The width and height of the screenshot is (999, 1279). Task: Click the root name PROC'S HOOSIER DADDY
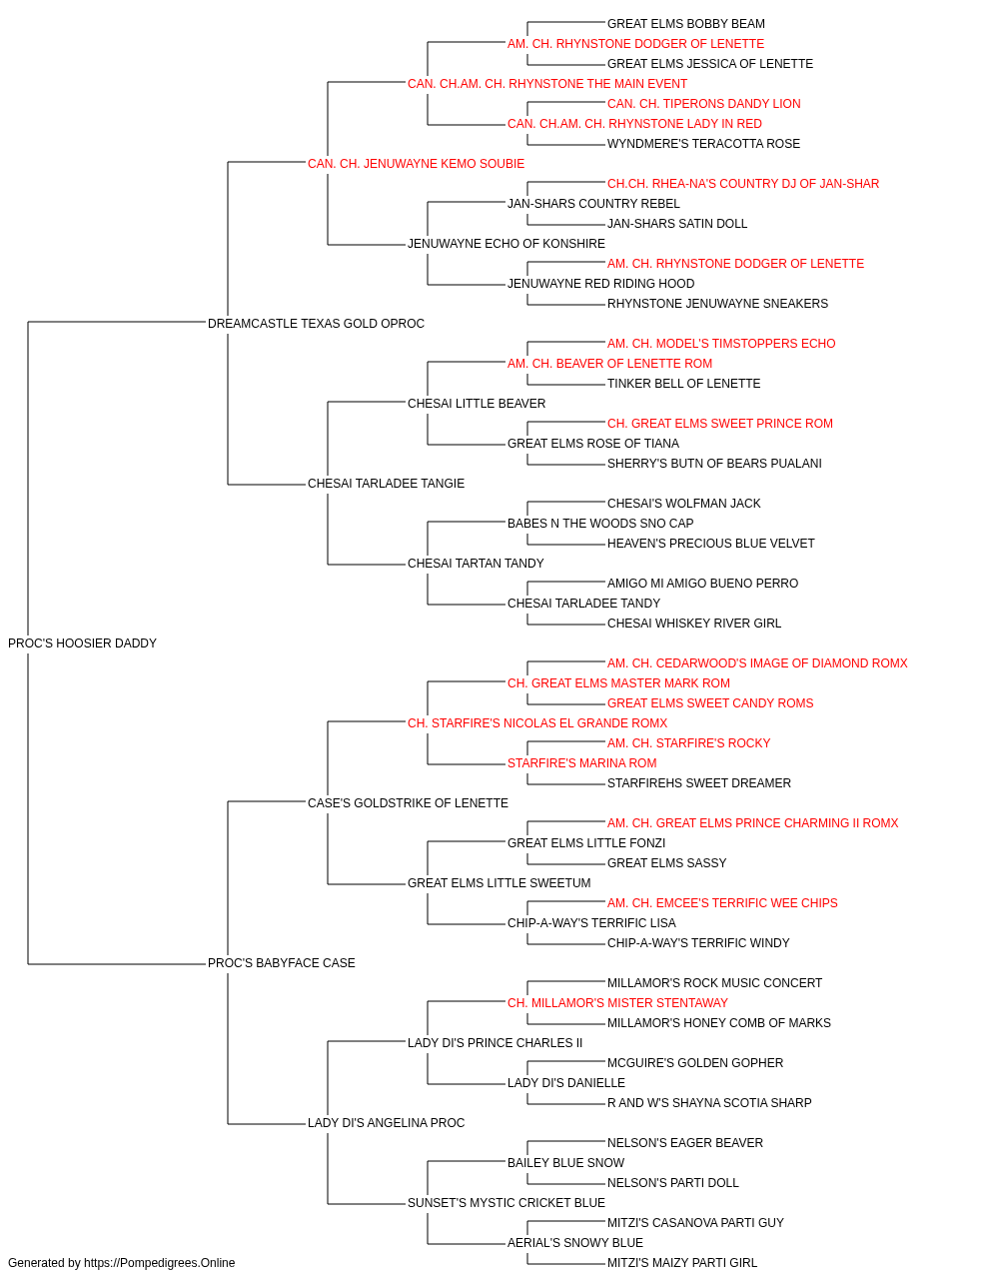coord(82,643)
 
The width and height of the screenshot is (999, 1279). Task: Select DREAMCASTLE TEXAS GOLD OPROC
coord(316,324)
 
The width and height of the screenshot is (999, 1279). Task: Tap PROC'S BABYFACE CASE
coord(282,963)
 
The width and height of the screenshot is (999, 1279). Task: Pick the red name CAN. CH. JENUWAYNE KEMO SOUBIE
coord(416,164)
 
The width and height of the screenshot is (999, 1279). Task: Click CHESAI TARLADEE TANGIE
coord(386,484)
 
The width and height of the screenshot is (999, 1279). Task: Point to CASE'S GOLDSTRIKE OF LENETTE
coord(408,803)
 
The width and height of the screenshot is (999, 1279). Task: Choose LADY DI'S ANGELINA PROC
coord(386,1123)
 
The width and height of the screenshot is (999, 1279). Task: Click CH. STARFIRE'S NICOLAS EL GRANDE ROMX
coord(537,723)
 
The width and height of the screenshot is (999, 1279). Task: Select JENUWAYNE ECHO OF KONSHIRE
coord(506,244)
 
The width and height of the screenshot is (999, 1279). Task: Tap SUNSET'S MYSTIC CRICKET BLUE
coord(506,1203)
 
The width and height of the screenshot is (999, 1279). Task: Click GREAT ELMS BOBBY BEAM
coord(686,24)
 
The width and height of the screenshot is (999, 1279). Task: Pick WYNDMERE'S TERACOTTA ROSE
coord(703,144)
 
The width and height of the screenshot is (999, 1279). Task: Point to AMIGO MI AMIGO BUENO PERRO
coord(702,584)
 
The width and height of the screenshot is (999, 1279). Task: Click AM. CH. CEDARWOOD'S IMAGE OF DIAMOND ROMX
coord(757,663)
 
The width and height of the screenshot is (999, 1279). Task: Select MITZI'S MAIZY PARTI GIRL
coord(682,1263)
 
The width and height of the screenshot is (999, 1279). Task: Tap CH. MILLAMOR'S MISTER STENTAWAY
coord(617,1003)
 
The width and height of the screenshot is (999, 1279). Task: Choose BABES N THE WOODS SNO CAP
coord(600,524)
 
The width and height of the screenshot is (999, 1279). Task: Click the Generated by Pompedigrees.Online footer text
coord(121,1263)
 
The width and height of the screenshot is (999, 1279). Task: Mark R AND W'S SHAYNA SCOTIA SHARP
coord(709,1103)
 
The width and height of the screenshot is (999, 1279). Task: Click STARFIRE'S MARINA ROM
coord(581,763)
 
